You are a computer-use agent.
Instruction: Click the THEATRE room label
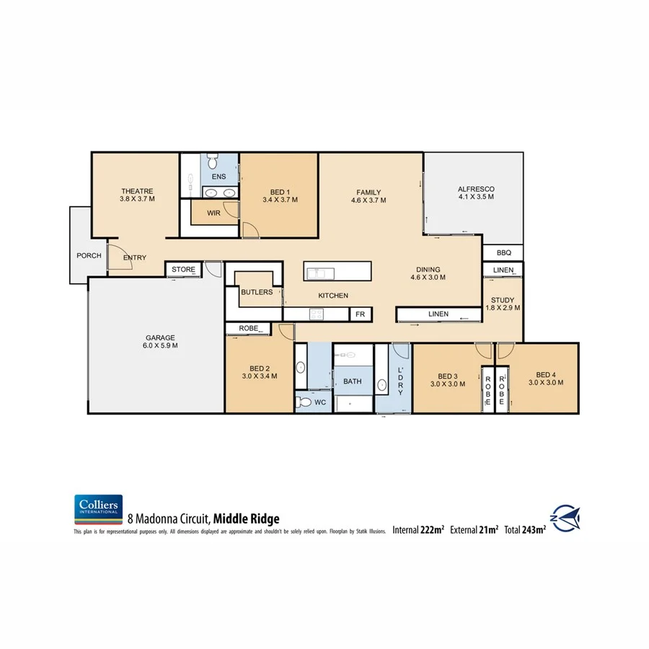(x=137, y=191)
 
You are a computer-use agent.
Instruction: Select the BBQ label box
(x=503, y=253)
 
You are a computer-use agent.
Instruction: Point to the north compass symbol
(x=566, y=517)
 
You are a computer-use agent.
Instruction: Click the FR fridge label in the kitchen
(x=360, y=314)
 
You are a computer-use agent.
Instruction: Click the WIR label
(x=213, y=213)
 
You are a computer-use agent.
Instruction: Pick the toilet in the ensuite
(x=213, y=161)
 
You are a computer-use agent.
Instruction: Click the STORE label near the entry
(x=183, y=270)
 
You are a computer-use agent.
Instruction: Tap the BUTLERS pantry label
(x=257, y=292)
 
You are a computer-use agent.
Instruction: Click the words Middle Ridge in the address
(x=245, y=518)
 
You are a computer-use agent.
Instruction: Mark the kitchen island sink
(x=318, y=272)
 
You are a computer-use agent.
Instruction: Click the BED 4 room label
(x=546, y=375)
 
